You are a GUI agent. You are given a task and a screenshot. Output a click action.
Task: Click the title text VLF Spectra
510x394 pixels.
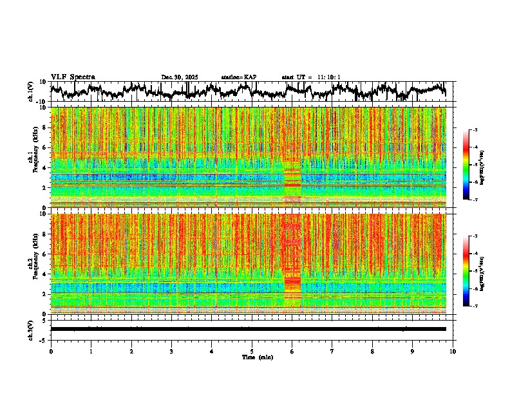tap(73, 77)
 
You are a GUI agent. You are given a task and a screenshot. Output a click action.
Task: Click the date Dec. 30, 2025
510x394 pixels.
tap(180, 77)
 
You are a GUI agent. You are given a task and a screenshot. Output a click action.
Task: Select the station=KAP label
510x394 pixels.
tap(238, 77)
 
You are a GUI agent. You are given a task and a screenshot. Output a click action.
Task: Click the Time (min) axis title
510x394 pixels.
tap(257, 357)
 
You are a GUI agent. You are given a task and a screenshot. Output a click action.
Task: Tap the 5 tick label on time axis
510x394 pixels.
tap(252, 351)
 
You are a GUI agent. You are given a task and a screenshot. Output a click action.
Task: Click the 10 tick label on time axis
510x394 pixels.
tap(453, 351)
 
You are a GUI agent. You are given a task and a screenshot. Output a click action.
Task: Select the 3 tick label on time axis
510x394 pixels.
tap(171, 351)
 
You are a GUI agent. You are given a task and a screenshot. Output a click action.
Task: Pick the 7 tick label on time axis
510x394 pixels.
tap(332, 351)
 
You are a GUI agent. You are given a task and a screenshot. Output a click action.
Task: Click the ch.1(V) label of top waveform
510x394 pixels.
tap(30, 91)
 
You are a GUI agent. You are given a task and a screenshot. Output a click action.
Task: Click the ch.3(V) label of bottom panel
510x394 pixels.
tap(30, 329)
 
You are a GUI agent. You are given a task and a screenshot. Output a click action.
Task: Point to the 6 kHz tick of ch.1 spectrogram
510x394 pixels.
tap(44, 147)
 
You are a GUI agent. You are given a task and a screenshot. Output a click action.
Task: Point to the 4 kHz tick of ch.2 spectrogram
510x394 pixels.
tap(44, 274)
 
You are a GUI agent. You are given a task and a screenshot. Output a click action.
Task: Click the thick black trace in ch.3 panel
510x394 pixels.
tap(251, 329)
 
